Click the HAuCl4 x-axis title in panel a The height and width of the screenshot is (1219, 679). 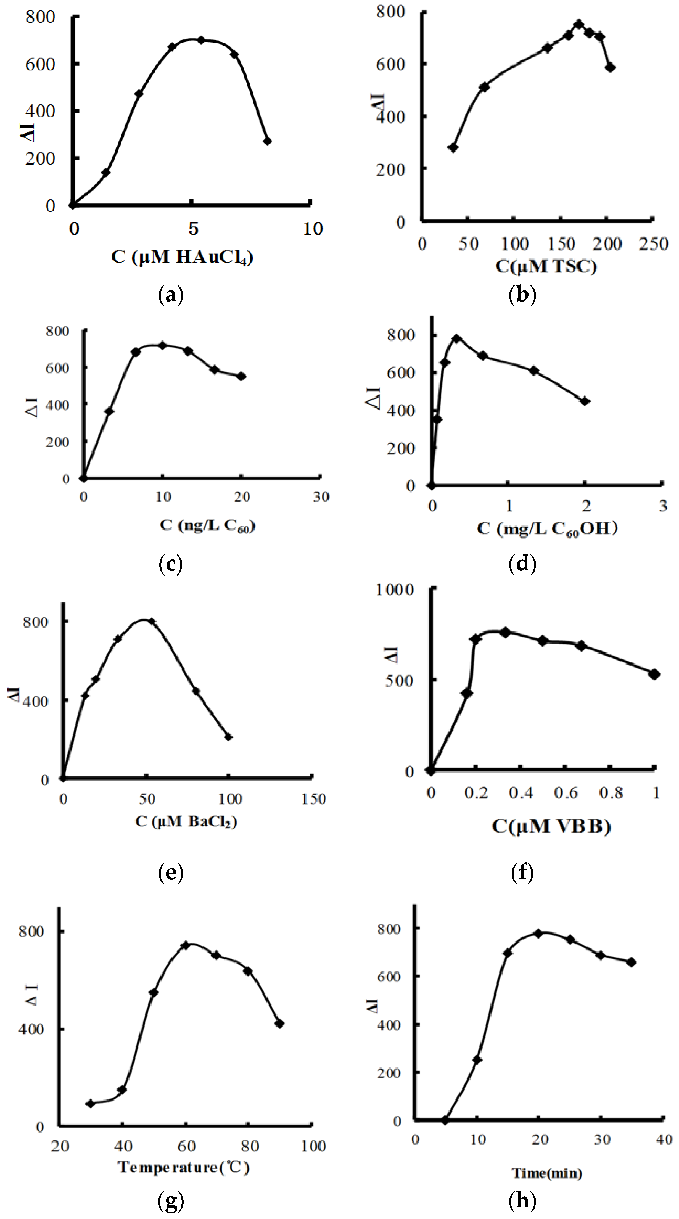point(182,257)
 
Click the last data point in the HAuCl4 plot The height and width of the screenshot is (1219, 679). point(267,141)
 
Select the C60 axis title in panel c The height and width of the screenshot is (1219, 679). point(207,525)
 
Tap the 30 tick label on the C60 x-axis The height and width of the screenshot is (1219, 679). point(321,497)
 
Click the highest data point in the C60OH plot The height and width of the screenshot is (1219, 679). point(457,338)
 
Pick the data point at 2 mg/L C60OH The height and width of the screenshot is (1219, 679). point(585,401)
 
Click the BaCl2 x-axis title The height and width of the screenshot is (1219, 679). point(186,821)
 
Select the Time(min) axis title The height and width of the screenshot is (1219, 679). point(546,1173)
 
